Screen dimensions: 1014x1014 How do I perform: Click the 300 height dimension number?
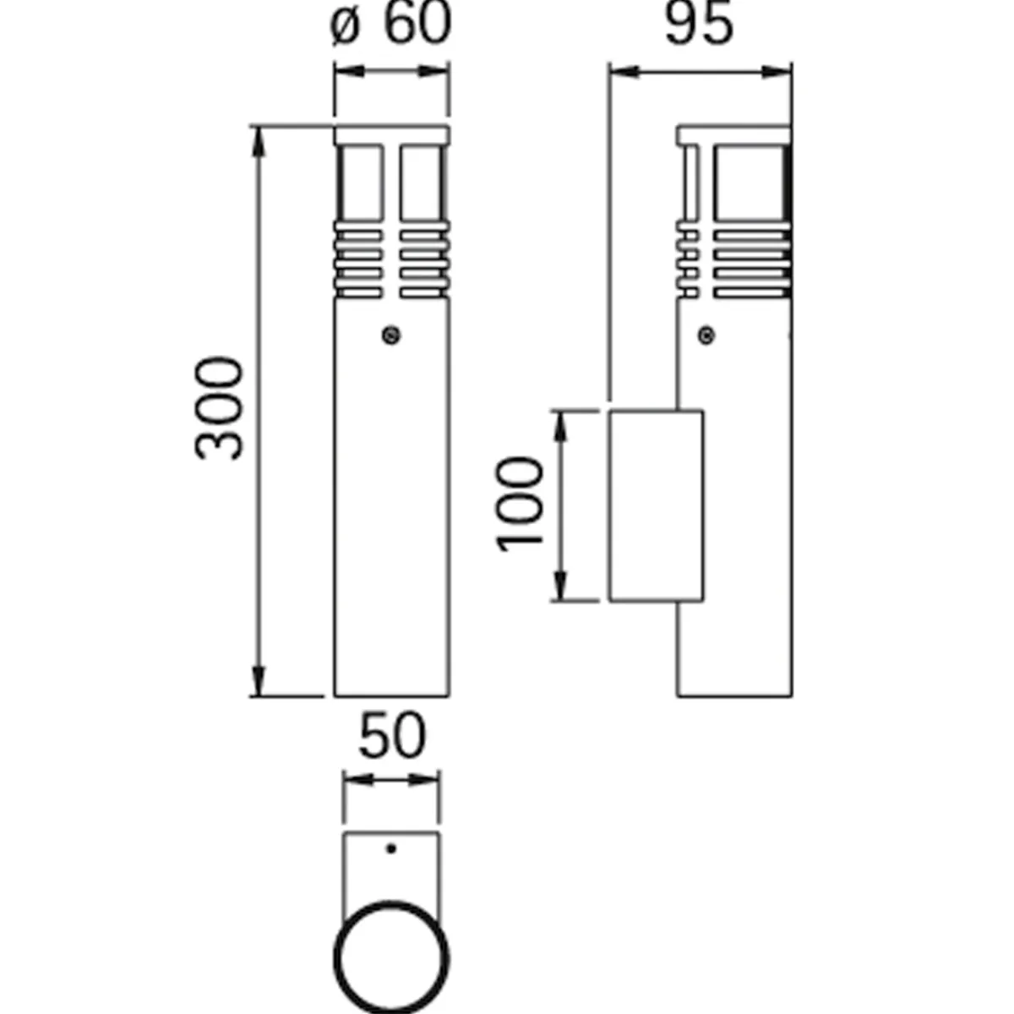(x=220, y=408)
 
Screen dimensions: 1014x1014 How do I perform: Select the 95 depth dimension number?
(x=698, y=25)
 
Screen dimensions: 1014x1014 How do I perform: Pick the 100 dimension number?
(x=519, y=505)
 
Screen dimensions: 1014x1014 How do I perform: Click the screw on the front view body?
(x=390, y=336)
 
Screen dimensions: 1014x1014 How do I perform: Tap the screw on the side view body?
(x=706, y=336)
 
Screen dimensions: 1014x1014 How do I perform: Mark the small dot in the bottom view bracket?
(x=390, y=848)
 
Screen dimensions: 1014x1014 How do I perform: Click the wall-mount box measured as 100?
(x=657, y=505)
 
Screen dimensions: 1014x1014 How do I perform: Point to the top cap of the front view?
(x=392, y=135)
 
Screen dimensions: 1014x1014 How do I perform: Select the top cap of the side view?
(x=733, y=135)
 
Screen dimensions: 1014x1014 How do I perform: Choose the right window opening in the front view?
(x=422, y=183)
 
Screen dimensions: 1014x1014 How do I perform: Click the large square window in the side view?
(x=750, y=183)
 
